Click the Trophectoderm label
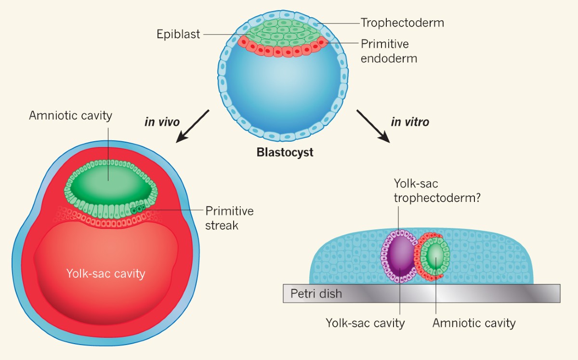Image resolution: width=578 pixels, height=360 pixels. [402, 23]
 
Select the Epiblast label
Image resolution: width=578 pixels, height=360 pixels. [178, 34]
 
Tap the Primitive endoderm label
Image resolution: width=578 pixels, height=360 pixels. [389, 51]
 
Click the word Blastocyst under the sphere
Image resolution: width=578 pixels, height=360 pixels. [285, 153]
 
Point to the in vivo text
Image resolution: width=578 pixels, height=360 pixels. [162, 121]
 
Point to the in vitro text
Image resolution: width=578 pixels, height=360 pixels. [410, 121]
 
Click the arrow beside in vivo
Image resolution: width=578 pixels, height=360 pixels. [193, 126]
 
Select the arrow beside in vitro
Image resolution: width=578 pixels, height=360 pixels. [373, 126]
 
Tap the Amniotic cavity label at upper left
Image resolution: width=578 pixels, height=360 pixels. [70, 116]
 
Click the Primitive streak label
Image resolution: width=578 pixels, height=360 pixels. [229, 218]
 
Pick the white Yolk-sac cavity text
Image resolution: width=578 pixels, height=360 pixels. [105, 274]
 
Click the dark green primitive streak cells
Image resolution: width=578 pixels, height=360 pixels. [137, 210]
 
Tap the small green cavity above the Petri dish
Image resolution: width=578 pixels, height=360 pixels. [435, 255]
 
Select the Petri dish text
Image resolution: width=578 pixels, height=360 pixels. [316, 293]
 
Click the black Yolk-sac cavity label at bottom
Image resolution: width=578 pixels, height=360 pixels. [365, 323]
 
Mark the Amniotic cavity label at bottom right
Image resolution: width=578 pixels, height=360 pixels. [474, 323]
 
